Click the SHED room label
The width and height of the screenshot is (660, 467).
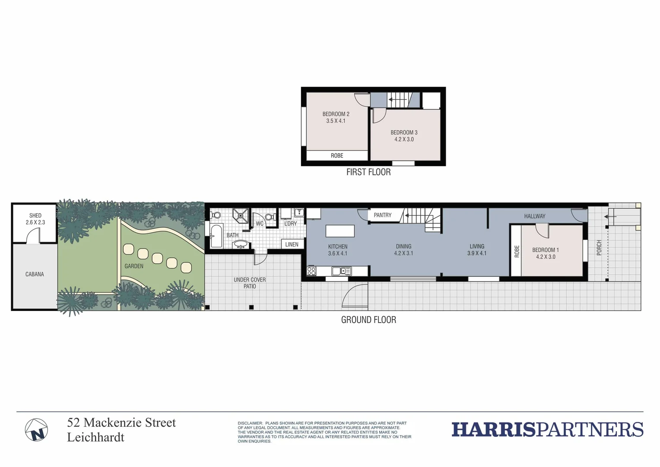(35, 215)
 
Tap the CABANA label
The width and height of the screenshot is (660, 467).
(35, 274)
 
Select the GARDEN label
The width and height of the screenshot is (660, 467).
(134, 266)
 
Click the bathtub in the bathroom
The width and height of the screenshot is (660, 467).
(216, 236)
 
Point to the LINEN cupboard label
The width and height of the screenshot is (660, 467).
(292, 244)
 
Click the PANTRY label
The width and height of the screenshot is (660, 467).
(383, 215)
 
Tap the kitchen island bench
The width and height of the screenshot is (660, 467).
(340, 231)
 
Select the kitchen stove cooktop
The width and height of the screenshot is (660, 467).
(311, 271)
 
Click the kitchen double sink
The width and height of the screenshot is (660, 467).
(342, 271)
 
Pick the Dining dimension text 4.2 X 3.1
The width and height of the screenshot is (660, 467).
(403, 253)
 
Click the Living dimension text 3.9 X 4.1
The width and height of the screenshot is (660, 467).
(477, 253)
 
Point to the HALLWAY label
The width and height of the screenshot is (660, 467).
(535, 216)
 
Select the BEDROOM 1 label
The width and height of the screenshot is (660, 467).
(546, 250)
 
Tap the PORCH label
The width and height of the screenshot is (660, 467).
(599, 248)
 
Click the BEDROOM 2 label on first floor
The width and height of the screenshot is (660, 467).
(336, 114)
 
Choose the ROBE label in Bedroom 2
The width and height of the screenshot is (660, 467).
(337, 156)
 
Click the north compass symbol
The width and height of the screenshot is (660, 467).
(36, 430)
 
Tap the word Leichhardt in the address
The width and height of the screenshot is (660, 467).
(95, 438)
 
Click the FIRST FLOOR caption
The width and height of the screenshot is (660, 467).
(368, 172)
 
